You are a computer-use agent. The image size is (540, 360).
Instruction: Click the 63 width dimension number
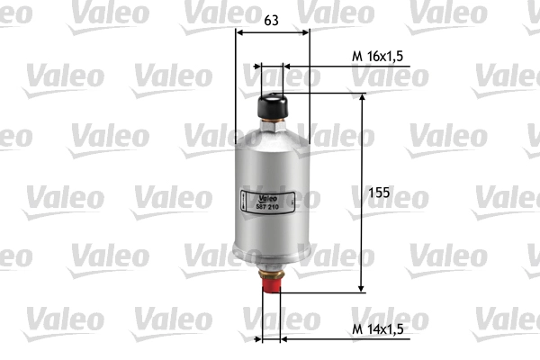pyautogui.click(x=271, y=21)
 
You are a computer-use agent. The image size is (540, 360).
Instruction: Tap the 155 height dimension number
pyautogui.click(x=379, y=193)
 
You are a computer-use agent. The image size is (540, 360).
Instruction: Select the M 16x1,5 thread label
pyautogui.click(x=377, y=56)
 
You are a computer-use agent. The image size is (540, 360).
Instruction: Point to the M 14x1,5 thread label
pyautogui.click(x=377, y=329)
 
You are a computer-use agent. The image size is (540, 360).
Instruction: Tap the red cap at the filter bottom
pyautogui.click(x=272, y=285)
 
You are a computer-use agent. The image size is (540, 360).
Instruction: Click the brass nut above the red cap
pyautogui.click(x=272, y=274)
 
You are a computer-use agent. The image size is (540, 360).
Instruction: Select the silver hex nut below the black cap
pyautogui.click(x=273, y=126)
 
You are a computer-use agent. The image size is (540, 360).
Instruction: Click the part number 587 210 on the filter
pyautogui.click(x=267, y=207)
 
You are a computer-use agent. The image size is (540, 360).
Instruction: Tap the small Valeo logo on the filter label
pyautogui.click(x=268, y=199)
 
